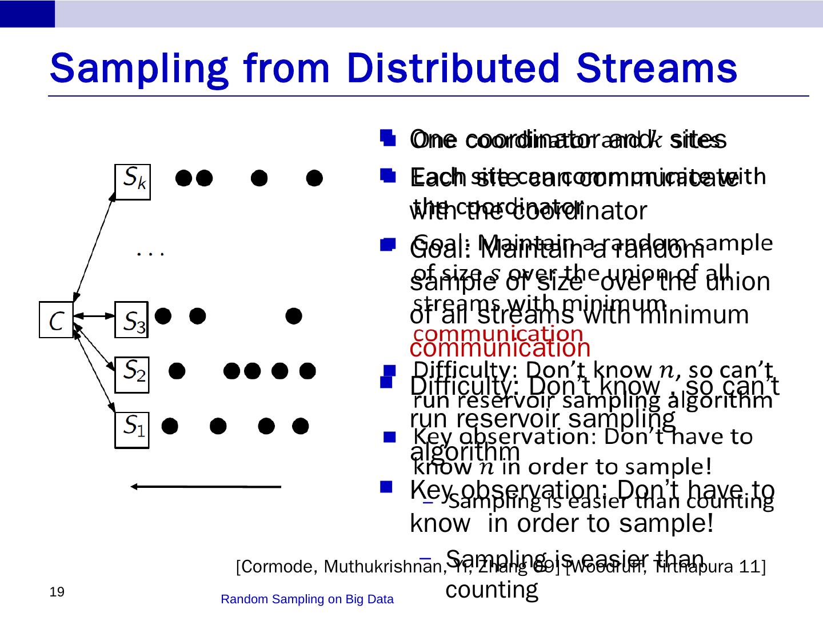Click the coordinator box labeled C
pos(56,319)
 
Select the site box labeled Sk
pos(132,182)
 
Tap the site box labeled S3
pos(132,319)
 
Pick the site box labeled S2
pos(132,374)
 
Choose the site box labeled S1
pos(132,430)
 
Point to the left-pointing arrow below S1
pos(206,487)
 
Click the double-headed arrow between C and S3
pos(94,315)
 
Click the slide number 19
pos(57,592)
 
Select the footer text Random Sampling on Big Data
pos(307,599)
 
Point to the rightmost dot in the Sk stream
pos(314,178)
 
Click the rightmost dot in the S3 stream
pos(294,315)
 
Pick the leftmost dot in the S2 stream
pos(177,371)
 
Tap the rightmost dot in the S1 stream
pos(301,426)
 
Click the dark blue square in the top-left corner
pos(27,14)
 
